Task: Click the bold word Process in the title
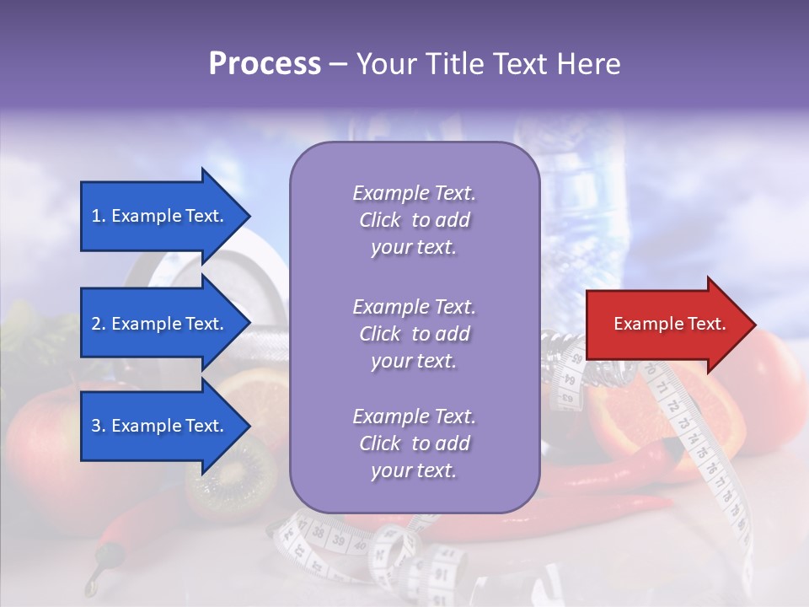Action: (x=265, y=64)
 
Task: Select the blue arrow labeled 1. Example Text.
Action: (x=160, y=216)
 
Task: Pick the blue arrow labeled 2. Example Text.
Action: (x=160, y=324)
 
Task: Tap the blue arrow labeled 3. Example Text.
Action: (x=160, y=426)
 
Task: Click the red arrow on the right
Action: (x=666, y=325)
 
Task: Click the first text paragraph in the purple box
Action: (x=414, y=220)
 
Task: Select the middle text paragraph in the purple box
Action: (x=414, y=334)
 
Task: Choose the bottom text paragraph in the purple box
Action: (x=414, y=443)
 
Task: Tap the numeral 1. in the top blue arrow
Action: (x=99, y=216)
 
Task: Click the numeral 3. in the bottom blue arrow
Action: (x=99, y=426)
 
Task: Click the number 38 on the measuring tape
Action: (x=319, y=533)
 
